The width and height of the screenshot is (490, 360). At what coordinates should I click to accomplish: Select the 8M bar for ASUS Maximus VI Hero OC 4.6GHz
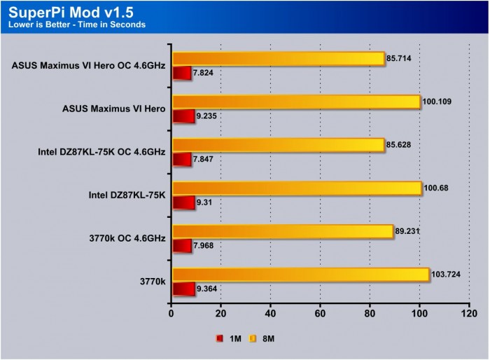278,59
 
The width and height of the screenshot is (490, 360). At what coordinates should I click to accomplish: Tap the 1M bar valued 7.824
181,73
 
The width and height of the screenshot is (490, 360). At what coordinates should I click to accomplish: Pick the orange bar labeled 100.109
295,102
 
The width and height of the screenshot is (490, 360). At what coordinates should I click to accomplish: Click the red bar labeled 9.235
183,116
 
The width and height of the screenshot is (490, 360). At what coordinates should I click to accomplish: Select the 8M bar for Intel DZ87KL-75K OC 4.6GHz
278,145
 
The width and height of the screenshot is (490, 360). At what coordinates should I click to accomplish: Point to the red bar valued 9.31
183,202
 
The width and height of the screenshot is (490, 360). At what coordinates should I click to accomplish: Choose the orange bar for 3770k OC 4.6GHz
282,232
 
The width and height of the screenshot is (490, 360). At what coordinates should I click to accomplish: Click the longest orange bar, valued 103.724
300,275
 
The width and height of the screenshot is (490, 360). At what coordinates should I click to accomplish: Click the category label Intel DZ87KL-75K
127,195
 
